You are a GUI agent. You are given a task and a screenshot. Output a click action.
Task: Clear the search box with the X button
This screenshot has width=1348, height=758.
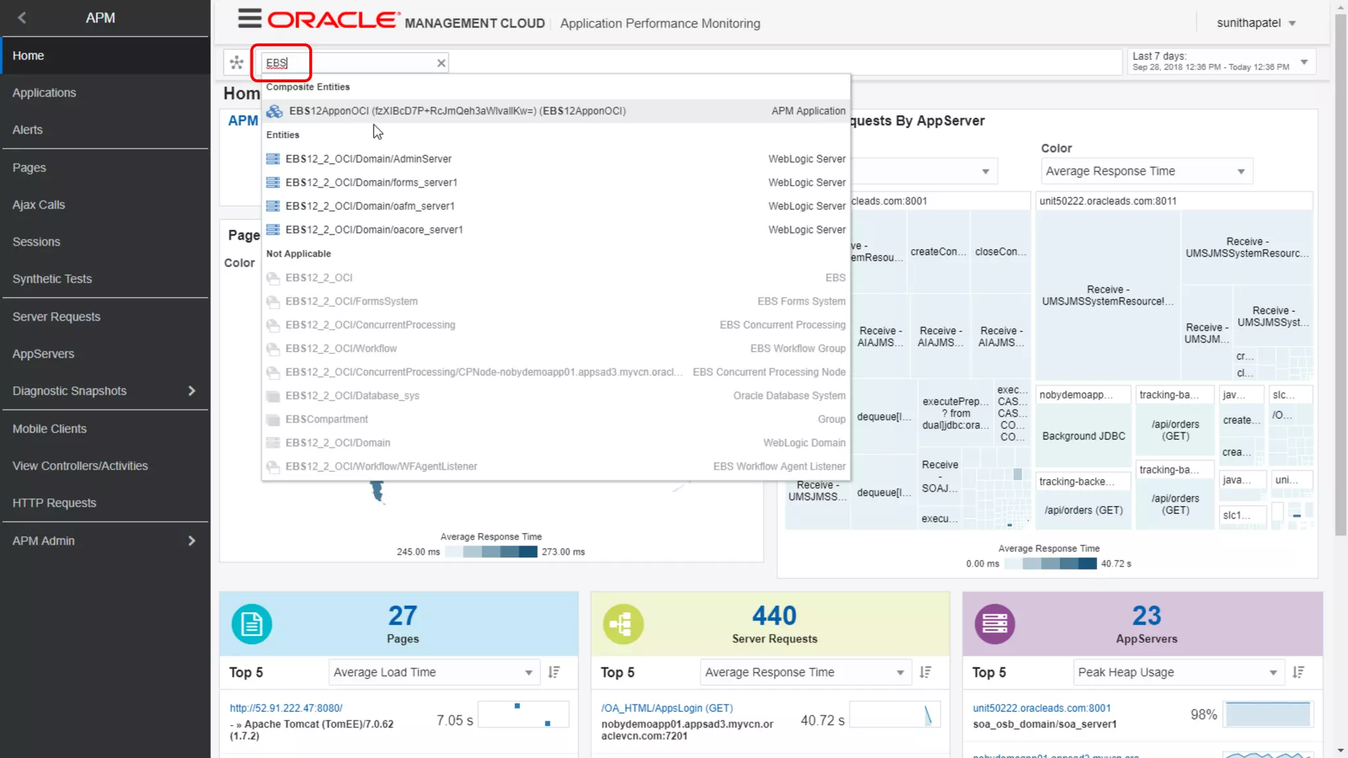tap(441, 63)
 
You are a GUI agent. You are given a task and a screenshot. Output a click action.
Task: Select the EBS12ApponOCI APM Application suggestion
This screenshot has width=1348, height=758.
tap(457, 111)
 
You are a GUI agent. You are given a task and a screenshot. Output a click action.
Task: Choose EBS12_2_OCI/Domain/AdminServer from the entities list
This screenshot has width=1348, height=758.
tap(368, 159)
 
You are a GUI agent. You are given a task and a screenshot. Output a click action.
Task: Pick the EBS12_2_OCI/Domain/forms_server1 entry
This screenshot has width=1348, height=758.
tap(371, 183)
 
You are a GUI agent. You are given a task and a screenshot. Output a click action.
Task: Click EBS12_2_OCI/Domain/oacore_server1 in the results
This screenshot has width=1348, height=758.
tap(374, 230)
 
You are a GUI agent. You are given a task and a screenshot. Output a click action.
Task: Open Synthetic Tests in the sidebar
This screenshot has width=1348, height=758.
tap(52, 279)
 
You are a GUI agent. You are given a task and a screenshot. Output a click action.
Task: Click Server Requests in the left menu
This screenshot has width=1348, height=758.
tap(57, 317)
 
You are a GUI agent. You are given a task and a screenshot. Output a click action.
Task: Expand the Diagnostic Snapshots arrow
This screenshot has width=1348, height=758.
tap(192, 391)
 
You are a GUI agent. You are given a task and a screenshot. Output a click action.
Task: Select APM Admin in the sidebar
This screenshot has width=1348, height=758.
tap(43, 541)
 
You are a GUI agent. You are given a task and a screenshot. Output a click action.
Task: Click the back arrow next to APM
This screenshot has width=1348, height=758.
tap(22, 18)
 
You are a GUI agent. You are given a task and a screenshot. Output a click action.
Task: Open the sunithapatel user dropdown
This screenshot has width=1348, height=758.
tap(1256, 23)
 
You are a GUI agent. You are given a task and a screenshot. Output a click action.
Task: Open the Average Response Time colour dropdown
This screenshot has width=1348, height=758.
tap(1145, 172)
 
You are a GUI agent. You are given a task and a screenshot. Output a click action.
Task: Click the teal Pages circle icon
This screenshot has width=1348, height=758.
tap(251, 624)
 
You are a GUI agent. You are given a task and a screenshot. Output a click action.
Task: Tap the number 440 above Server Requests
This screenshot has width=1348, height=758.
tap(774, 616)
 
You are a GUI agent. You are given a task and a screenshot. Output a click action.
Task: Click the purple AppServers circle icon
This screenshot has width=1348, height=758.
tap(995, 624)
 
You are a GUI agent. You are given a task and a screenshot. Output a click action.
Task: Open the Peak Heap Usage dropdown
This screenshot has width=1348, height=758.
tap(1177, 672)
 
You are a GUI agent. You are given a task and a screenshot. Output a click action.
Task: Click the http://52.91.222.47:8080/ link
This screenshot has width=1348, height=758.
tap(286, 709)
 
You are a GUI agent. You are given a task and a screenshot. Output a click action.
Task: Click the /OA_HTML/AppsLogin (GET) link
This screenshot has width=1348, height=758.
tap(666, 709)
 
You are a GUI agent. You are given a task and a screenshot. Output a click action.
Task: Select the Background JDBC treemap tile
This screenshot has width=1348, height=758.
tap(1083, 436)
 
